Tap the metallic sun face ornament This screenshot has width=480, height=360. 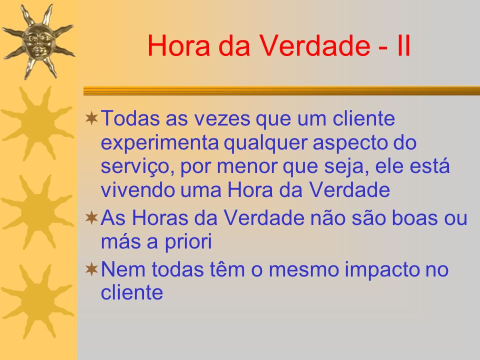click(x=38, y=41)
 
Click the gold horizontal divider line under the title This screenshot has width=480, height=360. click(x=281, y=91)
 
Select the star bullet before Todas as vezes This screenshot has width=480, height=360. click(x=91, y=118)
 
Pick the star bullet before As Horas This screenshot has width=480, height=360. click(x=91, y=218)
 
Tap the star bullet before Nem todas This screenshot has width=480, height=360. click(x=91, y=269)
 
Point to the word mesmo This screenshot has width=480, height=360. click(x=303, y=270)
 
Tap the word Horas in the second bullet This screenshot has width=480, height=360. click(x=159, y=218)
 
